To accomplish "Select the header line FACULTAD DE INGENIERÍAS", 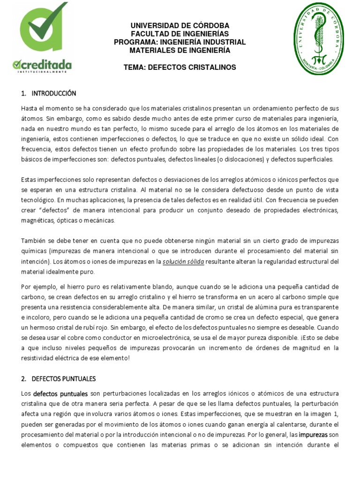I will pos(180,34).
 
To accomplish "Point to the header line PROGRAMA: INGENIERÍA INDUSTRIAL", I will pos(180,42).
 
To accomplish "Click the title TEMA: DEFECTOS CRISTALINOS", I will pos(180,67).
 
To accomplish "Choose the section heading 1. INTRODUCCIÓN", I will pos(49,93).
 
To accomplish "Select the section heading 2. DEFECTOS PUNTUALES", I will pos(58,378).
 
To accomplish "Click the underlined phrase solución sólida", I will pos(183,262).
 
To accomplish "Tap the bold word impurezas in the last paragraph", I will pos(314,435).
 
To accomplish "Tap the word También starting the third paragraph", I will pos(35,241).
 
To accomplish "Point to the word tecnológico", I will pos(38,200).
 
